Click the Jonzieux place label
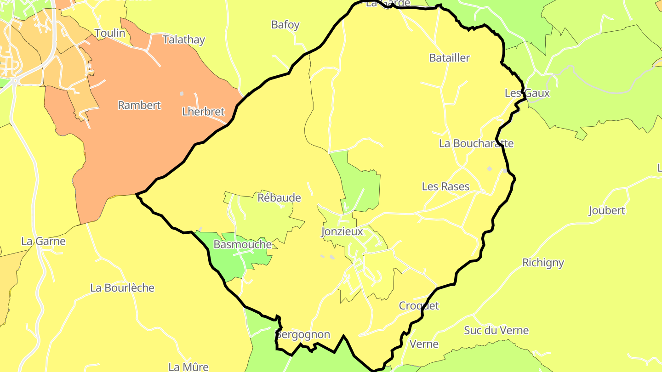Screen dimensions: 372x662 coord(342,232)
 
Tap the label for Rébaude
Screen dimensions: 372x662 coord(279,198)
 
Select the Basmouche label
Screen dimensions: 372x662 coord(243,245)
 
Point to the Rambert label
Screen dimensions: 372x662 coord(139,105)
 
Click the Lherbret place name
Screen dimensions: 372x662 coord(203,112)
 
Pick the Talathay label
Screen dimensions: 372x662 coord(184,40)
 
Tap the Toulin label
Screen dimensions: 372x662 coord(110,33)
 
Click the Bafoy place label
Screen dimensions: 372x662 coord(285,25)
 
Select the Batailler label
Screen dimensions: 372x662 coord(450,58)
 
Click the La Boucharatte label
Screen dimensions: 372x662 coord(476,143)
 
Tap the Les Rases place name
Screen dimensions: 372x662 coord(446,186)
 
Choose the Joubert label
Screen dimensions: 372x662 coord(607,211)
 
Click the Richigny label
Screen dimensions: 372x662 coord(543,263)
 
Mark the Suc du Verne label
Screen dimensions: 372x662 coord(496,330)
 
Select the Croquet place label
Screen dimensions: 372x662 coord(419,306)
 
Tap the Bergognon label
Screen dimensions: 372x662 coord(303,334)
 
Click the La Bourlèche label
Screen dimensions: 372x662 coord(122,288)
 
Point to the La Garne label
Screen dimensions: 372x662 coord(44,241)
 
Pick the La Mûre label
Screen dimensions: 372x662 coord(188,367)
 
